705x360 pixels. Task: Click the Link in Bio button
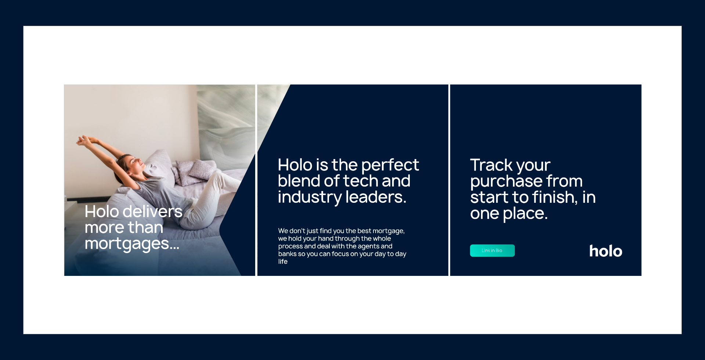[492, 251]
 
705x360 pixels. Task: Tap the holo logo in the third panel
[605, 251]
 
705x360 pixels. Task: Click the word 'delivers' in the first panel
[152, 212]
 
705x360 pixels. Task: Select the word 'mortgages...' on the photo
[132, 244]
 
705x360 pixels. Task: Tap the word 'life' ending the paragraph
[283, 262]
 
